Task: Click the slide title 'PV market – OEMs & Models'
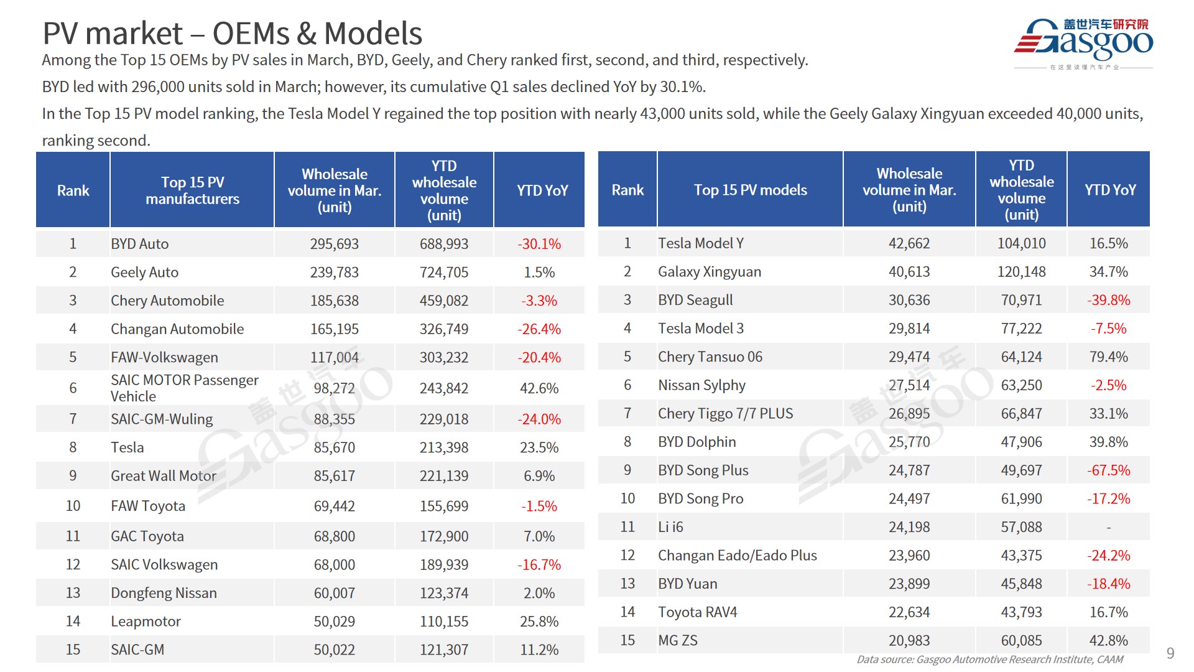232,34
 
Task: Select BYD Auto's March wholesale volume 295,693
334,244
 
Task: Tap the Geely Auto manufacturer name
144,273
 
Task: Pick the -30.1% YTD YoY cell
539,244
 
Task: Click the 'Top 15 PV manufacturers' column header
192,190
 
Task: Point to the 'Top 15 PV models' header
750,190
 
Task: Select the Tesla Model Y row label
701,243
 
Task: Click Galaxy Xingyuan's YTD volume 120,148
1021,272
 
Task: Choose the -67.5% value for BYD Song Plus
1108,470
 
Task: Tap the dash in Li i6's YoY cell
1108,528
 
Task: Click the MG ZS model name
678,640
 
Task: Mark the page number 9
1170,653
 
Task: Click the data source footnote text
989,660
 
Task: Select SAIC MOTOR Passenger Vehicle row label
184,388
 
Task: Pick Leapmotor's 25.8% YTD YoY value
539,621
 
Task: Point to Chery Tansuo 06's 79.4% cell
1108,357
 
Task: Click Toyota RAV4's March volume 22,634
909,612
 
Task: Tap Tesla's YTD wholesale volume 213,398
443,447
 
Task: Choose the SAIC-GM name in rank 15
137,650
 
